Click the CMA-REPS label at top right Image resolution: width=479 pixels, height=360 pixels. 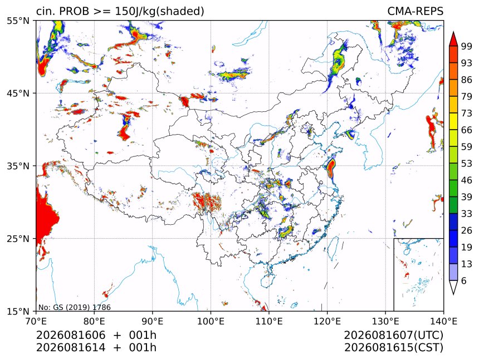pyautogui.click(x=415, y=11)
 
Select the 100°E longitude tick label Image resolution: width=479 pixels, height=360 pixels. pyautogui.click(x=211, y=321)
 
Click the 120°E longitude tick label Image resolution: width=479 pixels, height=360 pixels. pyautogui.click(x=327, y=321)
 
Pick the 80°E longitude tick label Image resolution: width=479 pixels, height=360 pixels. pyautogui.click(x=94, y=321)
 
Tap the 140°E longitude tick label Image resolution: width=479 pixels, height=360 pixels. pyautogui.click(x=443, y=321)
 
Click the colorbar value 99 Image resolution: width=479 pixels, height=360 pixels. pyautogui.click(x=467, y=46)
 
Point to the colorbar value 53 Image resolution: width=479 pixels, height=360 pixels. pyautogui.click(x=467, y=164)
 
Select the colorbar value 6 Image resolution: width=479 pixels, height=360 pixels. pyautogui.click(x=464, y=280)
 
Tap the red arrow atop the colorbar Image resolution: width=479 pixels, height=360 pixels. pyautogui.click(x=453, y=39)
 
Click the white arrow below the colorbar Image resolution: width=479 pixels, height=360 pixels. pyautogui.click(x=453, y=288)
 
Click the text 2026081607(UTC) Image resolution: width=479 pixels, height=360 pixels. pyautogui.click(x=393, y=336)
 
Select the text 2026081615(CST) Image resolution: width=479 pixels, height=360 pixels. pyautogui.click(x=393, y=348)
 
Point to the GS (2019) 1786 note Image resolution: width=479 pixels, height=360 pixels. pyautogui.click(x=74, y=307)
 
